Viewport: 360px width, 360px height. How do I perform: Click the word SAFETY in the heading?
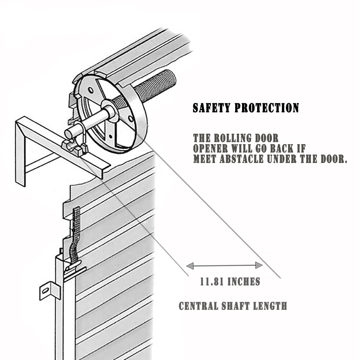(211, 108)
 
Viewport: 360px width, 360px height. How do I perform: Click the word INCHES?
(243, 282)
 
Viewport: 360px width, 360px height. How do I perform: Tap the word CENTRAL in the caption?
(199, 306)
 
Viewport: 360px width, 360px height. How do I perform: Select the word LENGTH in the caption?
(270, 306)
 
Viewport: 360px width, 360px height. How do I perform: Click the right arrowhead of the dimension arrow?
(259, 265)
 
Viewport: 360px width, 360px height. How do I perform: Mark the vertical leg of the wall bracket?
(20, 155)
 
